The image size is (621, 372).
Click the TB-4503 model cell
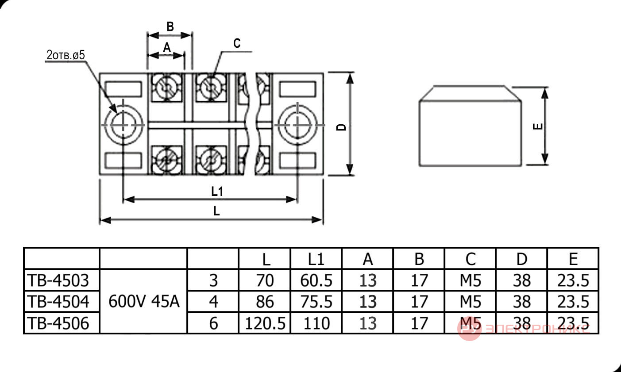coord(58,280)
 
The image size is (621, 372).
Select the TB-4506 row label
coord(58,323)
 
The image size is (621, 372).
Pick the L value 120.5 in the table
coord(265,323)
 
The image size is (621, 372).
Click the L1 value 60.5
coord(316,280)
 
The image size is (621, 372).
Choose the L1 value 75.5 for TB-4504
coord(316,302)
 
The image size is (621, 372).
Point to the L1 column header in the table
coord(316,259)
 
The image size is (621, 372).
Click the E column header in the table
coord(573,259)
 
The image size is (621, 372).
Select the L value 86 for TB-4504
coord(265,302)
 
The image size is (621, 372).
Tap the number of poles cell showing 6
coord(213,323)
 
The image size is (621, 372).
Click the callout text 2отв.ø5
coord(66,55)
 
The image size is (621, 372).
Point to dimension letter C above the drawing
coord(237,43)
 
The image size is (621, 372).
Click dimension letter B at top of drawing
coord(170,27)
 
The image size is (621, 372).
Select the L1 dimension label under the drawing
coord(217,192)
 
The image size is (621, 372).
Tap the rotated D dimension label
coord(341,127)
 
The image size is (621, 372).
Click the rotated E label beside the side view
coord(538,127)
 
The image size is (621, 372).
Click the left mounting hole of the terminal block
coord(123,125)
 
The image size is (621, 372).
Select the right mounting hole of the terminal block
coord(297,125)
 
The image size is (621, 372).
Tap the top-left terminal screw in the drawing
coord(167,88)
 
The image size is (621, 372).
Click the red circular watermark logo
coord(469,329)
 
